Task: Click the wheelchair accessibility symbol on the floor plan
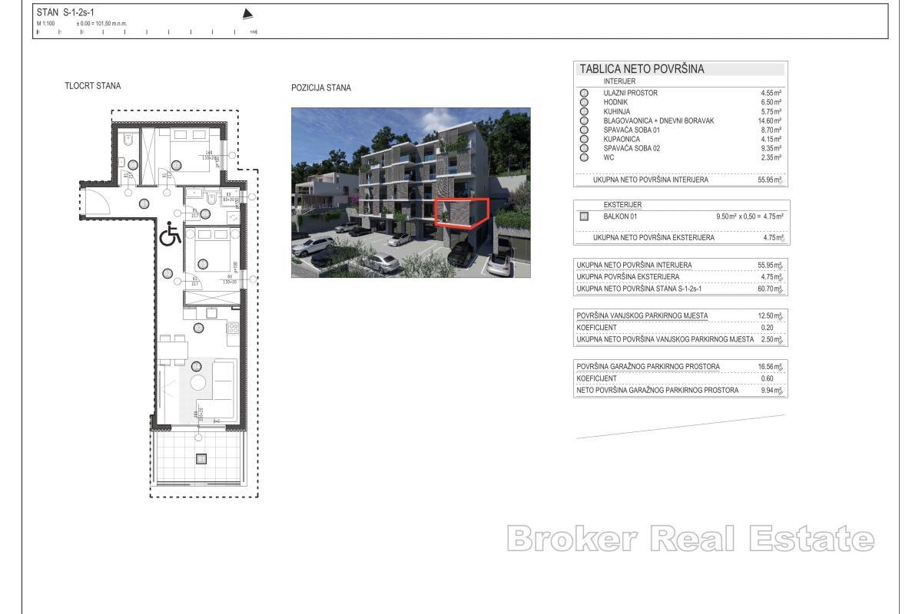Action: click(170, 234)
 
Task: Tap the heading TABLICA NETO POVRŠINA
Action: click(642, 69)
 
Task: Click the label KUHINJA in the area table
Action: click(619, 111)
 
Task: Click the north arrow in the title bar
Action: click(247, 14)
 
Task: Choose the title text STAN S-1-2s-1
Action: click(65, 12)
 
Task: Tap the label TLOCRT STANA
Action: click(92, 86)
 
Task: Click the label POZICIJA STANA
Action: click(321, 88)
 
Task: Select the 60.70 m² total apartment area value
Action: click(769, 289)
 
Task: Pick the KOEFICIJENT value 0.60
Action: click(767, 378)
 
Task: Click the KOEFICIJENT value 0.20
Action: click(767, 328)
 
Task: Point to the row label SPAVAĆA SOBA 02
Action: click(632, 148)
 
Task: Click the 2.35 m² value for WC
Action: click(771, 157)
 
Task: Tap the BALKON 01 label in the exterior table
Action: click(620, 216)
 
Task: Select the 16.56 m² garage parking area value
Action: click(769, 367)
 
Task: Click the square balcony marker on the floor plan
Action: click(201, 459)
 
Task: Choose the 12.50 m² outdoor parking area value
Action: click(769, 316)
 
